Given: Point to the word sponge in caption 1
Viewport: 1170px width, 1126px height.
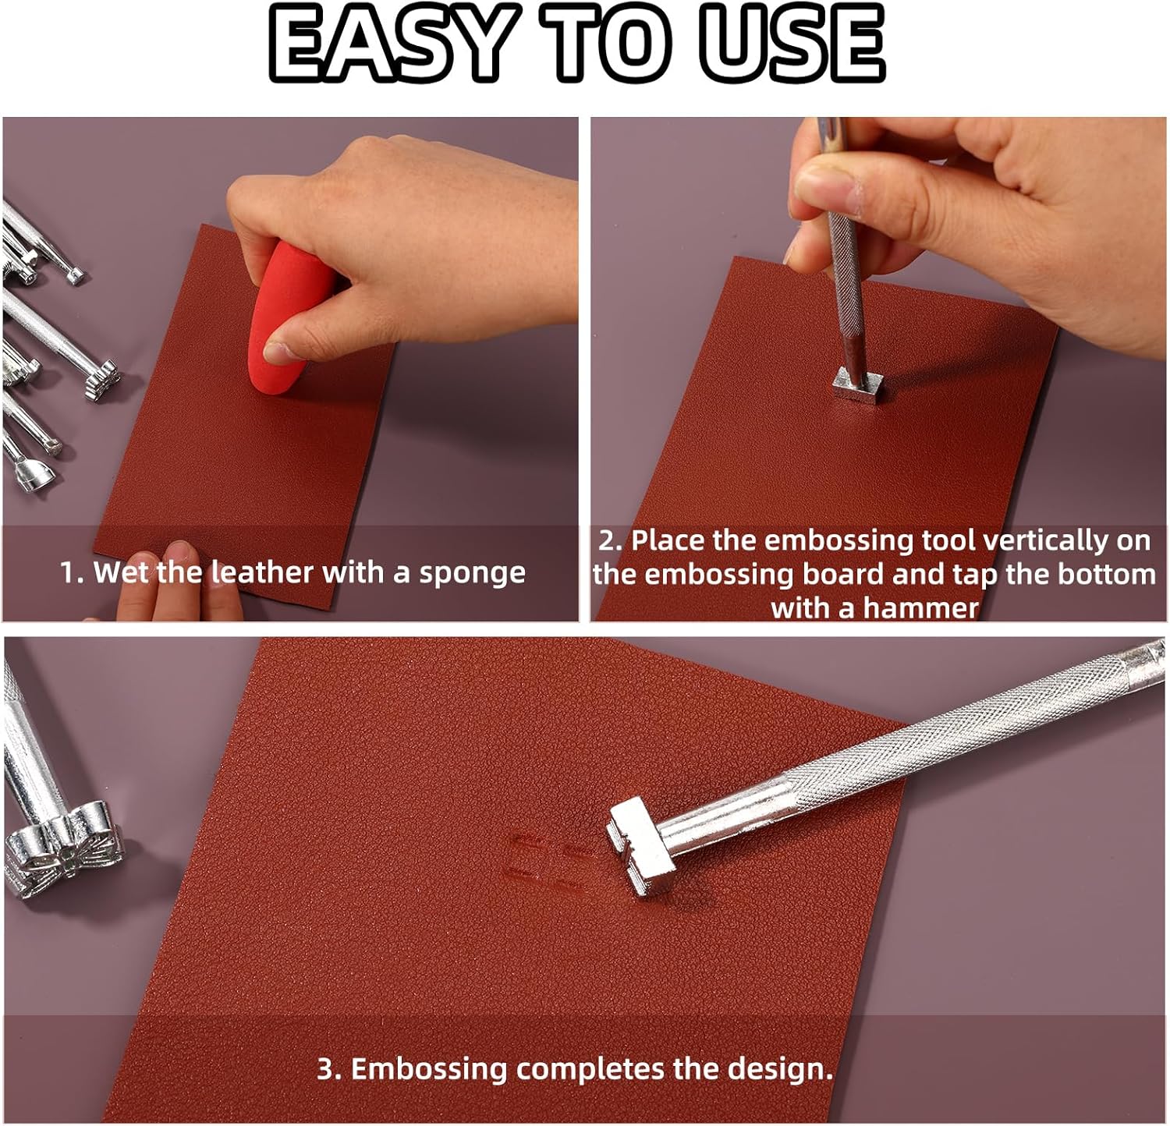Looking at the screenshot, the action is [472, 574].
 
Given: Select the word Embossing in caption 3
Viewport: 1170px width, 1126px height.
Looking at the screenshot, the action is [429, 1068].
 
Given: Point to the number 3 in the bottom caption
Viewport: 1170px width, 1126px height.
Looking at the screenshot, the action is [325, 1068].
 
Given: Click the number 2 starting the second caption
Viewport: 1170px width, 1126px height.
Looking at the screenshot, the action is [608, 540].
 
